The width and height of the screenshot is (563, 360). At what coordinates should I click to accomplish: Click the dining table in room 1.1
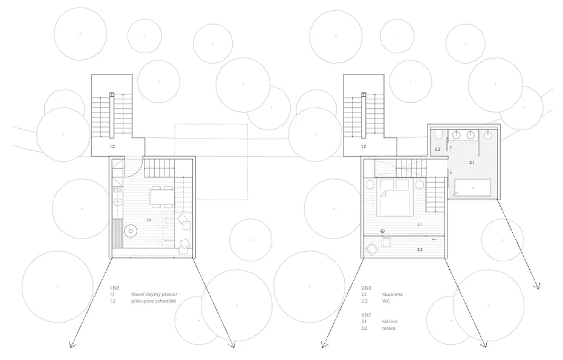pyautogui.click(x=161, y=197)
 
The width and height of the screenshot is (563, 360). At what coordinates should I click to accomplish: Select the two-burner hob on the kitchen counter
pyautogui.click(x=117, y=189)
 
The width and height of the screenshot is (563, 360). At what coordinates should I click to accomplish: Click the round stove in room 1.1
pyautogui.click(x=131, y=231)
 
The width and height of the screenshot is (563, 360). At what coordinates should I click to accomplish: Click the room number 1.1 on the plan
pyautogui.click(x=149, y=220)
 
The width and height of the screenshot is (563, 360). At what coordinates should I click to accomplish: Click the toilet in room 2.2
pyautogui.click(x=438, y=135)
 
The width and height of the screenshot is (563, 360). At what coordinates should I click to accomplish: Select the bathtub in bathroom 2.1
pyautogui.click(x=472, y=188)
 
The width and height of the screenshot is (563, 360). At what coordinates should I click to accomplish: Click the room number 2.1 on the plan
pyautogui.click(x=472, y=162)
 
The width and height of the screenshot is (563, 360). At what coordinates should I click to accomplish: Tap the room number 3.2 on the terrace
pyautogui.click(x=420, y=249)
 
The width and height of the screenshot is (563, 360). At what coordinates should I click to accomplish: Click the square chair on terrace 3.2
pyautogui.click(x=386, y=242)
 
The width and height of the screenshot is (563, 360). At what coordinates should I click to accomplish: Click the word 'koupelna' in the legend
pyautogui.click(x=392, y=294)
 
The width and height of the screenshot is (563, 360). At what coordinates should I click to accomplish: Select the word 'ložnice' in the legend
pyautogui.click(x=390, y=321)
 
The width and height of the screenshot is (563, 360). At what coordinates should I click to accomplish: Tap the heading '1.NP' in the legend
pyautogui.click(x=115, y=287)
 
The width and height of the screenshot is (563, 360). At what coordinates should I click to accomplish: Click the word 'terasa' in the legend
pyautogui.click(x=389, y=328)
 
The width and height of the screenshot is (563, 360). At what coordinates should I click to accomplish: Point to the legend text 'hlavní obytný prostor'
pyautogui.click(x=154, y=294)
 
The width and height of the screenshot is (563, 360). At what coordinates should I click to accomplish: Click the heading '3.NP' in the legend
pyautogui.click(x=366, y=315)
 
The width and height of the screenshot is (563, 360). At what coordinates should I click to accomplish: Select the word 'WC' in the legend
pyautogui.click(x=386, y=301)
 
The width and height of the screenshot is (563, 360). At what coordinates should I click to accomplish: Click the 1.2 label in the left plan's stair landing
pyautogui.click(x=112, y=146)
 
